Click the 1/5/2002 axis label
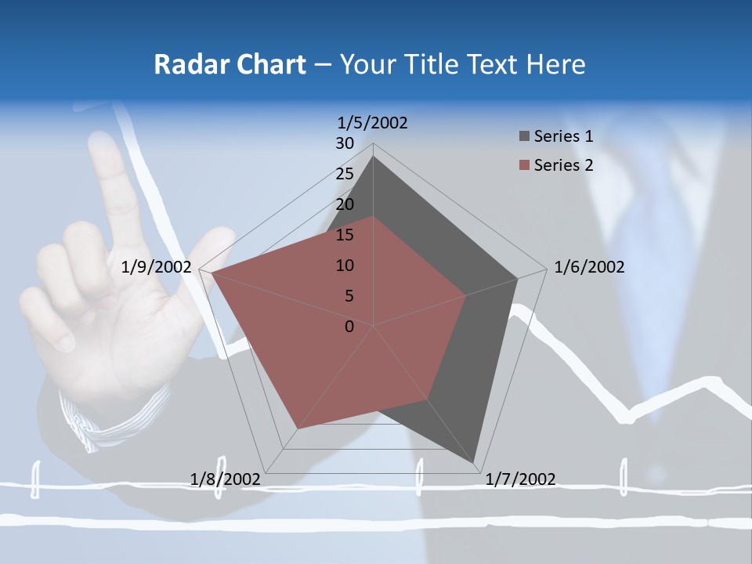372,122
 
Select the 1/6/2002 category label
589,267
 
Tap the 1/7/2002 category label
520,479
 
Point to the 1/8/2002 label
226,479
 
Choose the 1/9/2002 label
157,267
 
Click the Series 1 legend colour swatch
524,136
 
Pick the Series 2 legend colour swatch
524,165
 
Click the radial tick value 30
345,143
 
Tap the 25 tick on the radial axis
345,174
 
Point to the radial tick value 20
345,204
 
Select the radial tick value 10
345,266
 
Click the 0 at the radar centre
349,327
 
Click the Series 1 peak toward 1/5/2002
373,157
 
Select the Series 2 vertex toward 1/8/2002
298,428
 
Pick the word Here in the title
555,64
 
